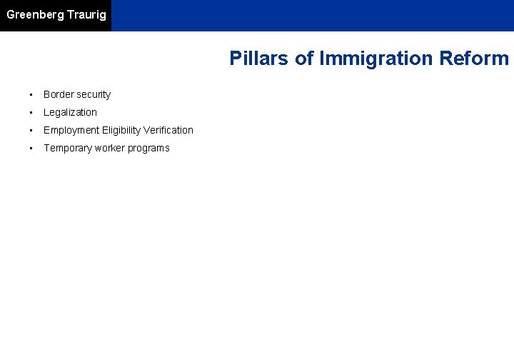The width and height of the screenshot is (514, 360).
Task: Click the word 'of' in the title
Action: pyautogui.click(x=305, y=59)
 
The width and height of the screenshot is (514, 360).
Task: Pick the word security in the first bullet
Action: pyautogui.click(x=94, y=94)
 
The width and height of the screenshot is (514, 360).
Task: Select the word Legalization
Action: pyautogui.click(x=70, y=112)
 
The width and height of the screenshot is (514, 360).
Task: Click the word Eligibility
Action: pyautogui.click(x=121, y=130)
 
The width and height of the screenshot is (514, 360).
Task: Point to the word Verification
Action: pyautogui.click(x=168, y=130)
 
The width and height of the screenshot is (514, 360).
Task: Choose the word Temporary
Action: pyautogui.click(x=68, y=148)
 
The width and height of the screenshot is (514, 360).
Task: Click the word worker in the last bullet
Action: pyautogui.click(x=109, y=148)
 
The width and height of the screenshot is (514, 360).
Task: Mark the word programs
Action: pyautogui.click(x=148, y=148)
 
